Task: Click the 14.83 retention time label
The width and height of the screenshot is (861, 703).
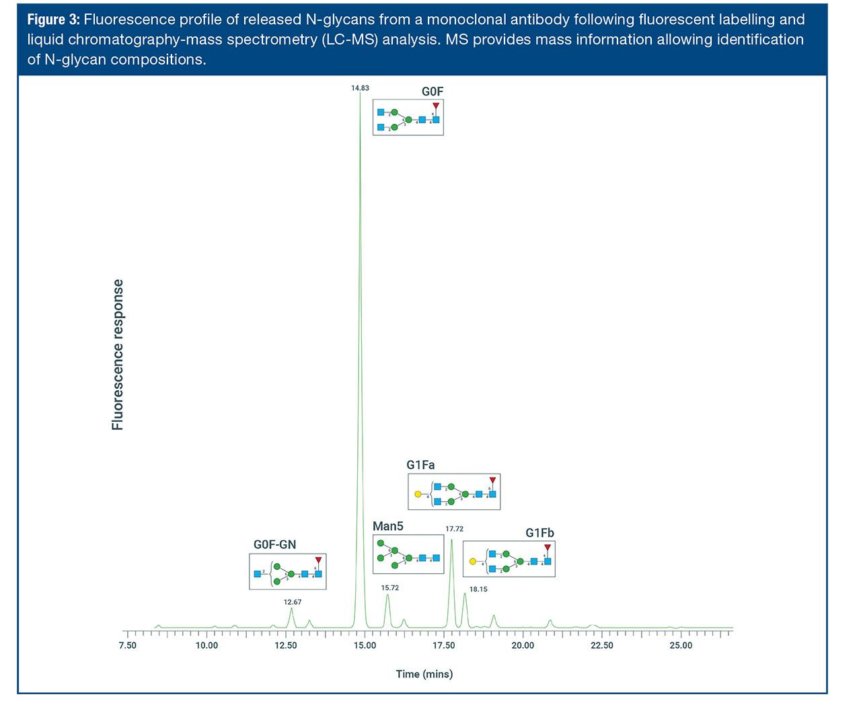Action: point(360,88)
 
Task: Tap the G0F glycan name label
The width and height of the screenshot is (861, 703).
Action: point(433,91)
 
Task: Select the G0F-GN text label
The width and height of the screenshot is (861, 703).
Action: point(274,544)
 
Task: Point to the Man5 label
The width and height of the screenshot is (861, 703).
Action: point(388,526)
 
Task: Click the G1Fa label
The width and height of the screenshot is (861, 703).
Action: point(420,465)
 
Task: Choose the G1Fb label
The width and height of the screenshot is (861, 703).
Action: point(539,533)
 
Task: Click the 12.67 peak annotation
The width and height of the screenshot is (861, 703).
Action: point(293,602)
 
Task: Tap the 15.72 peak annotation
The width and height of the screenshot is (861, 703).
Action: point(390,587)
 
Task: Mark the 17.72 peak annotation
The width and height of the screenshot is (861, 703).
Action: point(454,529)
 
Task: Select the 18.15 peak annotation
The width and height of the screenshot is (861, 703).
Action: point(478,589)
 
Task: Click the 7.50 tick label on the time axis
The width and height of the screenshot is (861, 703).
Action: point(127,646)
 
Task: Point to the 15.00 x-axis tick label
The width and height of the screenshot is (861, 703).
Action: point(365,646)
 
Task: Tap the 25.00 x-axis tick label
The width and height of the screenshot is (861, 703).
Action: point(681,646)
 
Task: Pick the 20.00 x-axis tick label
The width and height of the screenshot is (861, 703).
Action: point(523,646)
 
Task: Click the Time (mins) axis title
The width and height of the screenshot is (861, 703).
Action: point(424,674)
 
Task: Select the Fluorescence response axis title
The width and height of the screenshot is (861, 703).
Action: point(118,355)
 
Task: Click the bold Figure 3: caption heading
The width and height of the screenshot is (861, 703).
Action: point(53,20)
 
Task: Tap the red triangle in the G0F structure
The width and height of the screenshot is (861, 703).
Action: point(436,106)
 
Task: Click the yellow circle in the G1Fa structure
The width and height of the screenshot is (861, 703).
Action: point(418,494)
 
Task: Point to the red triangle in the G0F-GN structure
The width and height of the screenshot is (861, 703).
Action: point(318,560)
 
